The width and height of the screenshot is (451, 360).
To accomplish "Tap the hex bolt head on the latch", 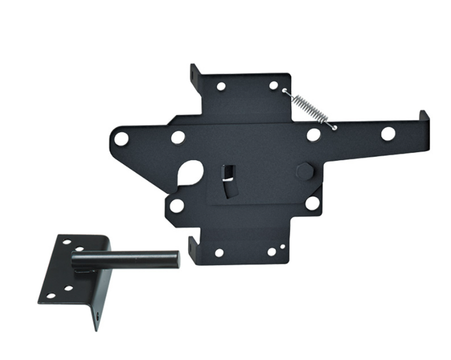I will [305, 171].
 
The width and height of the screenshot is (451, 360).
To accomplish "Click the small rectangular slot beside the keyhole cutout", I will [227, 172].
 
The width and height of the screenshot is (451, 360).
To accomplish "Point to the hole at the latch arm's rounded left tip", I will [121, 139].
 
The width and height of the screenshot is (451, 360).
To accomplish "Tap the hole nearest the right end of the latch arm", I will [388, 134].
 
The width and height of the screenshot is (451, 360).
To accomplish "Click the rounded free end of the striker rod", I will [175, 259].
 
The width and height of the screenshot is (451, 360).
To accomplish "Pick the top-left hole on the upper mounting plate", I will [221, 86].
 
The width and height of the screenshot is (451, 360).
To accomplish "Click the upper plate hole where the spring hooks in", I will [274, 85].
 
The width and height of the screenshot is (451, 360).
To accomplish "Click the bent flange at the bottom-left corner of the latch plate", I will [193, 246].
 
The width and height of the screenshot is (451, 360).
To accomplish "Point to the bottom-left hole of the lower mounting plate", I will [219, 253].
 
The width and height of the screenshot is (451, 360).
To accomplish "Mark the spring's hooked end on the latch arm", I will [334, 127].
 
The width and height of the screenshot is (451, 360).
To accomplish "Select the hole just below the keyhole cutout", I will [176, 205].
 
